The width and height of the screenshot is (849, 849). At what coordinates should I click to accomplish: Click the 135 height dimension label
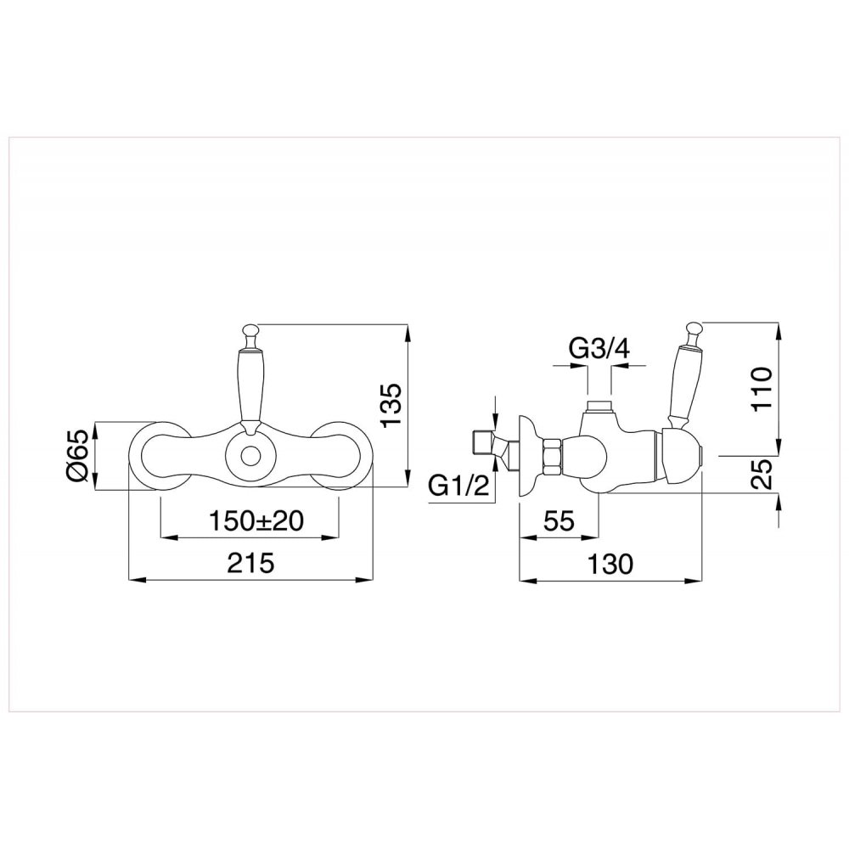coord(391,405)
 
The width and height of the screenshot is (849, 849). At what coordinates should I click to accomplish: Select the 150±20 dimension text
coord(256,521)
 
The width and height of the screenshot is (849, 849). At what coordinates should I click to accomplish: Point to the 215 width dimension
coord(250,563)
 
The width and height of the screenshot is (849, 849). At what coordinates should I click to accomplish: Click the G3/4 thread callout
coord(600,349)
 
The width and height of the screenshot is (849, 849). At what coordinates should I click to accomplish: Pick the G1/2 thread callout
coord(459,486)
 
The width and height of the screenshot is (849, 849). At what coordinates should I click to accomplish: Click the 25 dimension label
coord(762,475)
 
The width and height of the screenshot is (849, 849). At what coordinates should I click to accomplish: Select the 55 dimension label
coord(559,521)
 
